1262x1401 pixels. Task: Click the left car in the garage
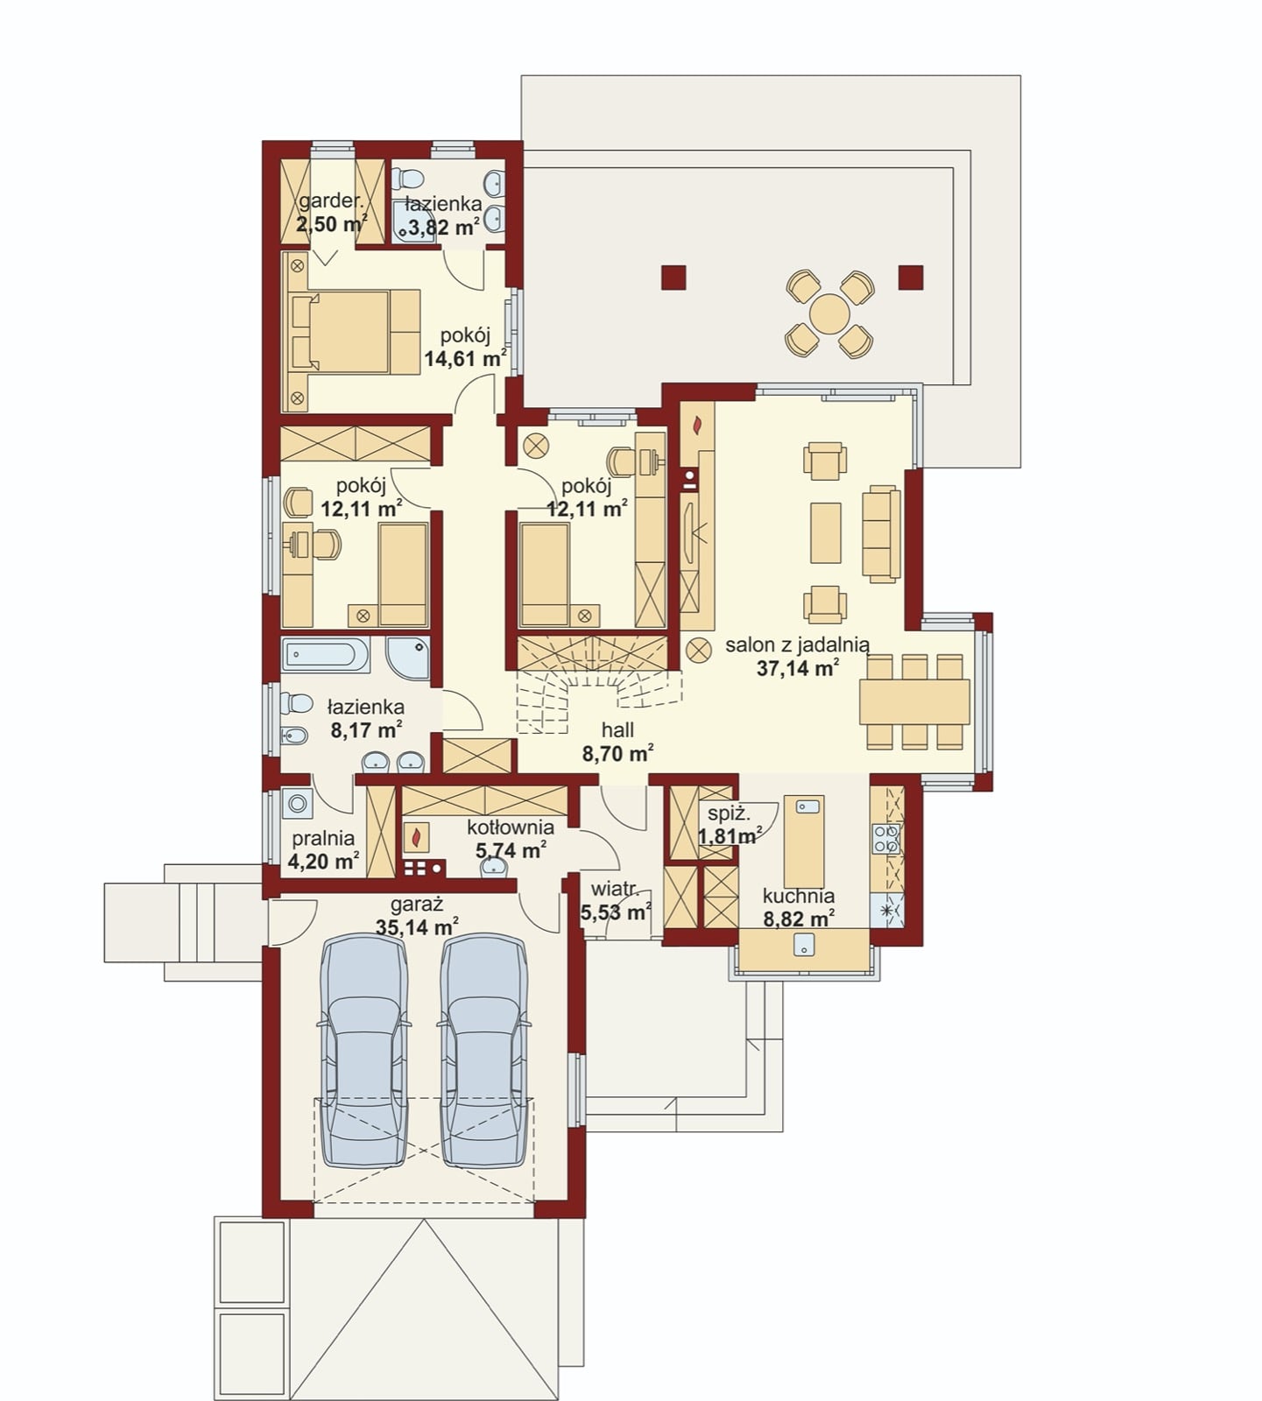pyautogui.click(x=364, y=1051)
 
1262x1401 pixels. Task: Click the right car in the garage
pyautogui.click(x=483, y=1051)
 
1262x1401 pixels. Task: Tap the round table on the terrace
pyautogui.click(x=829, y=313)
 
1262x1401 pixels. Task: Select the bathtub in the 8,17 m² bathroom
pyautogui.click(x=326, y=655)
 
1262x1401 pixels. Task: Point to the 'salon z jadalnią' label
pyautogui.click(x=797, y=646)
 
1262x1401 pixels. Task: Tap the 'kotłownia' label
pyautogui.click(x=511, y=827)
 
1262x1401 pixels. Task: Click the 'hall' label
pyautogui.click(x=618, y=730)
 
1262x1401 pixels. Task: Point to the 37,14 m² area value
pyautogui.click(x=798, y=669)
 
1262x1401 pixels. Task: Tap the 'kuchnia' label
pyautogui.click(x=798, y=896)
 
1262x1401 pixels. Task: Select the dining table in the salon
pyautogui.click(x=914, y=701)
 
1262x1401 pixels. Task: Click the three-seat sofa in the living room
pyautogui.click(x=881, y=534)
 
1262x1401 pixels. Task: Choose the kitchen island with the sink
pyautogui.click(x=804, y=841)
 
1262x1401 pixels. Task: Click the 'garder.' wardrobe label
pyautogui.click(x=330, y=201)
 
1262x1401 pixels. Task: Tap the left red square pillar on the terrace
pyautogui.click(x=673, y=278)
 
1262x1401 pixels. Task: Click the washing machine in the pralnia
pyautogui.click(x=298, y=803)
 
